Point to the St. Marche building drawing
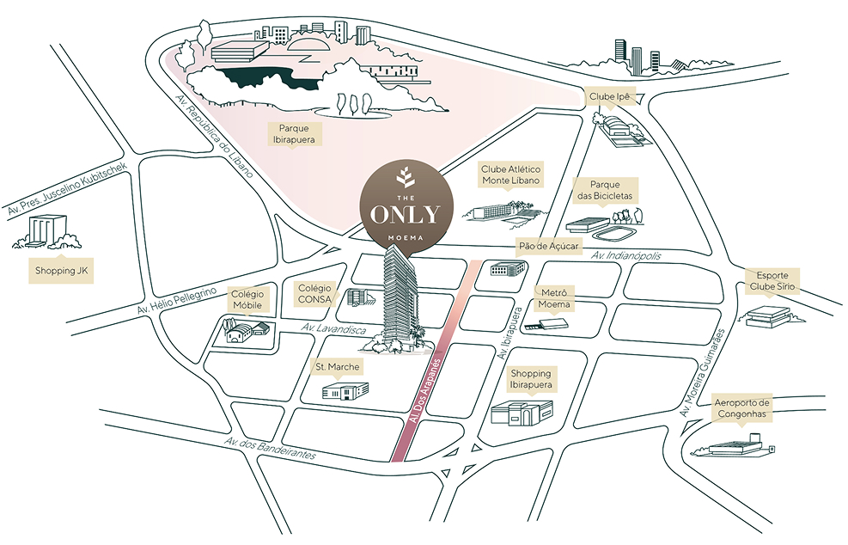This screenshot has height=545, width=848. click(345, 392)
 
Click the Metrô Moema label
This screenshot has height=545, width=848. click(553, 299)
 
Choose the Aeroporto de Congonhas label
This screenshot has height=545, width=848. click(742, 407)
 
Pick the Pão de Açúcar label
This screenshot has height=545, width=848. click(549, 246)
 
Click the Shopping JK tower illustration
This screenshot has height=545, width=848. click(42, 231)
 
